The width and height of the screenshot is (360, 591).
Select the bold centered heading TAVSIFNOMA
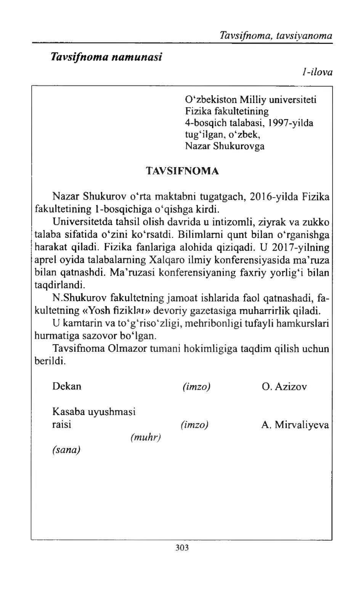pyautogui.click(x=183, y=171)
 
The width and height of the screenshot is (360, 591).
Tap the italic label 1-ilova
pyautogui.click(x=317, y=72)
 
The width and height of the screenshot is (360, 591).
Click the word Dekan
pyautogui.click(x=67, y=386)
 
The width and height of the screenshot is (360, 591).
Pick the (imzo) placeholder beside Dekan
pyautogui.click(x=196, y=386)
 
